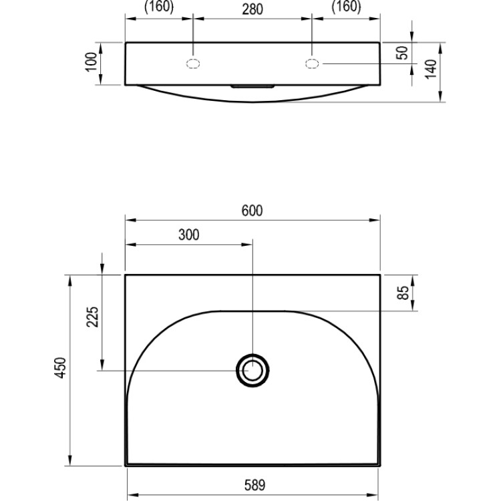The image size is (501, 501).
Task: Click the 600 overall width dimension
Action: click(x=252, y=210)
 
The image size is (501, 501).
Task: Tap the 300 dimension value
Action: click(x=189, y=235)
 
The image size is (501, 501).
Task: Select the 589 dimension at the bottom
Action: click(x=255, y=485)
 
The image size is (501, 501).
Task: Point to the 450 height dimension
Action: click(x=61, y=368)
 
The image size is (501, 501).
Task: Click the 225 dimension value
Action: click(x=93, y=317)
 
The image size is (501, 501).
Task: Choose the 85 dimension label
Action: click(x=403, y=293)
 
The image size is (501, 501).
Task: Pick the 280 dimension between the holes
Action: click(x=253, y=9)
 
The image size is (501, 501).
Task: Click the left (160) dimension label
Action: click(x=159, y=7)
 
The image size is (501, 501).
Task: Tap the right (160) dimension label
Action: click(x=346, y=7)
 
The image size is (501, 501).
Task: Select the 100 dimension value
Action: click(x=92, y=62)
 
